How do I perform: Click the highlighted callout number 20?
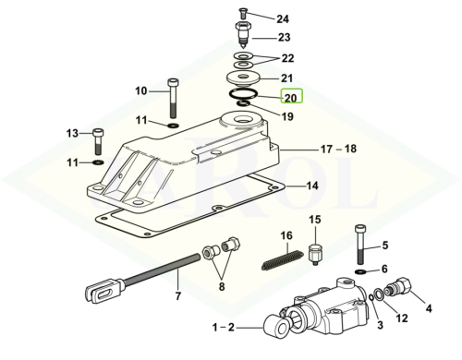pos(291,98)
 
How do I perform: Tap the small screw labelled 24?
pos(243,14)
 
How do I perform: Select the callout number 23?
pos(285,38)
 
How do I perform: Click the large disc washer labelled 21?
pos(244,78)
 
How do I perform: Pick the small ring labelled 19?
pos(243,103)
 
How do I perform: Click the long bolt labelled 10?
pos(173,98)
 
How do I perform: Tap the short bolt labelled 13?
pos(98,141)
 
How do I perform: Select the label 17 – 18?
pos(338,150)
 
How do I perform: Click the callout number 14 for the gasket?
pos(312,186)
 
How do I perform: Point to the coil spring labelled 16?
pos(281,260)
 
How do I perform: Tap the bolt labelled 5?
pos(359,245)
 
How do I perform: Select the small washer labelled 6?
pos(359,272)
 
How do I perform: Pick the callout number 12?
pos(402,318)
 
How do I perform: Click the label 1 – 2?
pos(224,328)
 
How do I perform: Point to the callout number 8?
pos(222,286)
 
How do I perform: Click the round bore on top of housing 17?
pos(243,119)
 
